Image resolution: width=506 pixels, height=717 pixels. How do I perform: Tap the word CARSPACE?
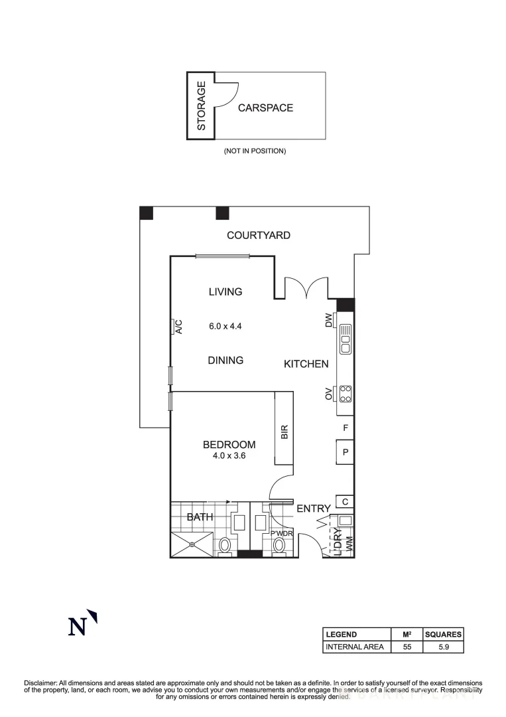[x=265, y=108]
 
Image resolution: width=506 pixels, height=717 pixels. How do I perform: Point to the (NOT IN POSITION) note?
[x=255, y=151]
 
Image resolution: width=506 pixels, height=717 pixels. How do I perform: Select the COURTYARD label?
[x=258, y=235]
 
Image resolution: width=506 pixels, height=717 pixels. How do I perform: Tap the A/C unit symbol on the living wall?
[x=176, y=326]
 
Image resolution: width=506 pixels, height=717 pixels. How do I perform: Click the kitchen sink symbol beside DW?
[x=345, y=339]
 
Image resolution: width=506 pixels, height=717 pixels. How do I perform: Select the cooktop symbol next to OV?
[x=345, y=394]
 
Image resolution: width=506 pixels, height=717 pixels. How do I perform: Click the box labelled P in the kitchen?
[x=345, y=453]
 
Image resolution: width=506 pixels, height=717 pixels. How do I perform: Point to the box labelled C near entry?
[x=345, y=501]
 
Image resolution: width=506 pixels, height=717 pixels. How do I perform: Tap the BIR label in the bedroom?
[x=285, y=433]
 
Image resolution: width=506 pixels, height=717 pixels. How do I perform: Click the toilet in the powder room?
[x=279, y=545]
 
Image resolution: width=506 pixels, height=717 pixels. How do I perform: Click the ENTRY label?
[x=313, y=509]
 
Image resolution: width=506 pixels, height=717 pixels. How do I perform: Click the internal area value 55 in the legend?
[x=407, y=647]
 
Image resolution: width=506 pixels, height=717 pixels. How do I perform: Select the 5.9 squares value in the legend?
[x=443, y=647]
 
